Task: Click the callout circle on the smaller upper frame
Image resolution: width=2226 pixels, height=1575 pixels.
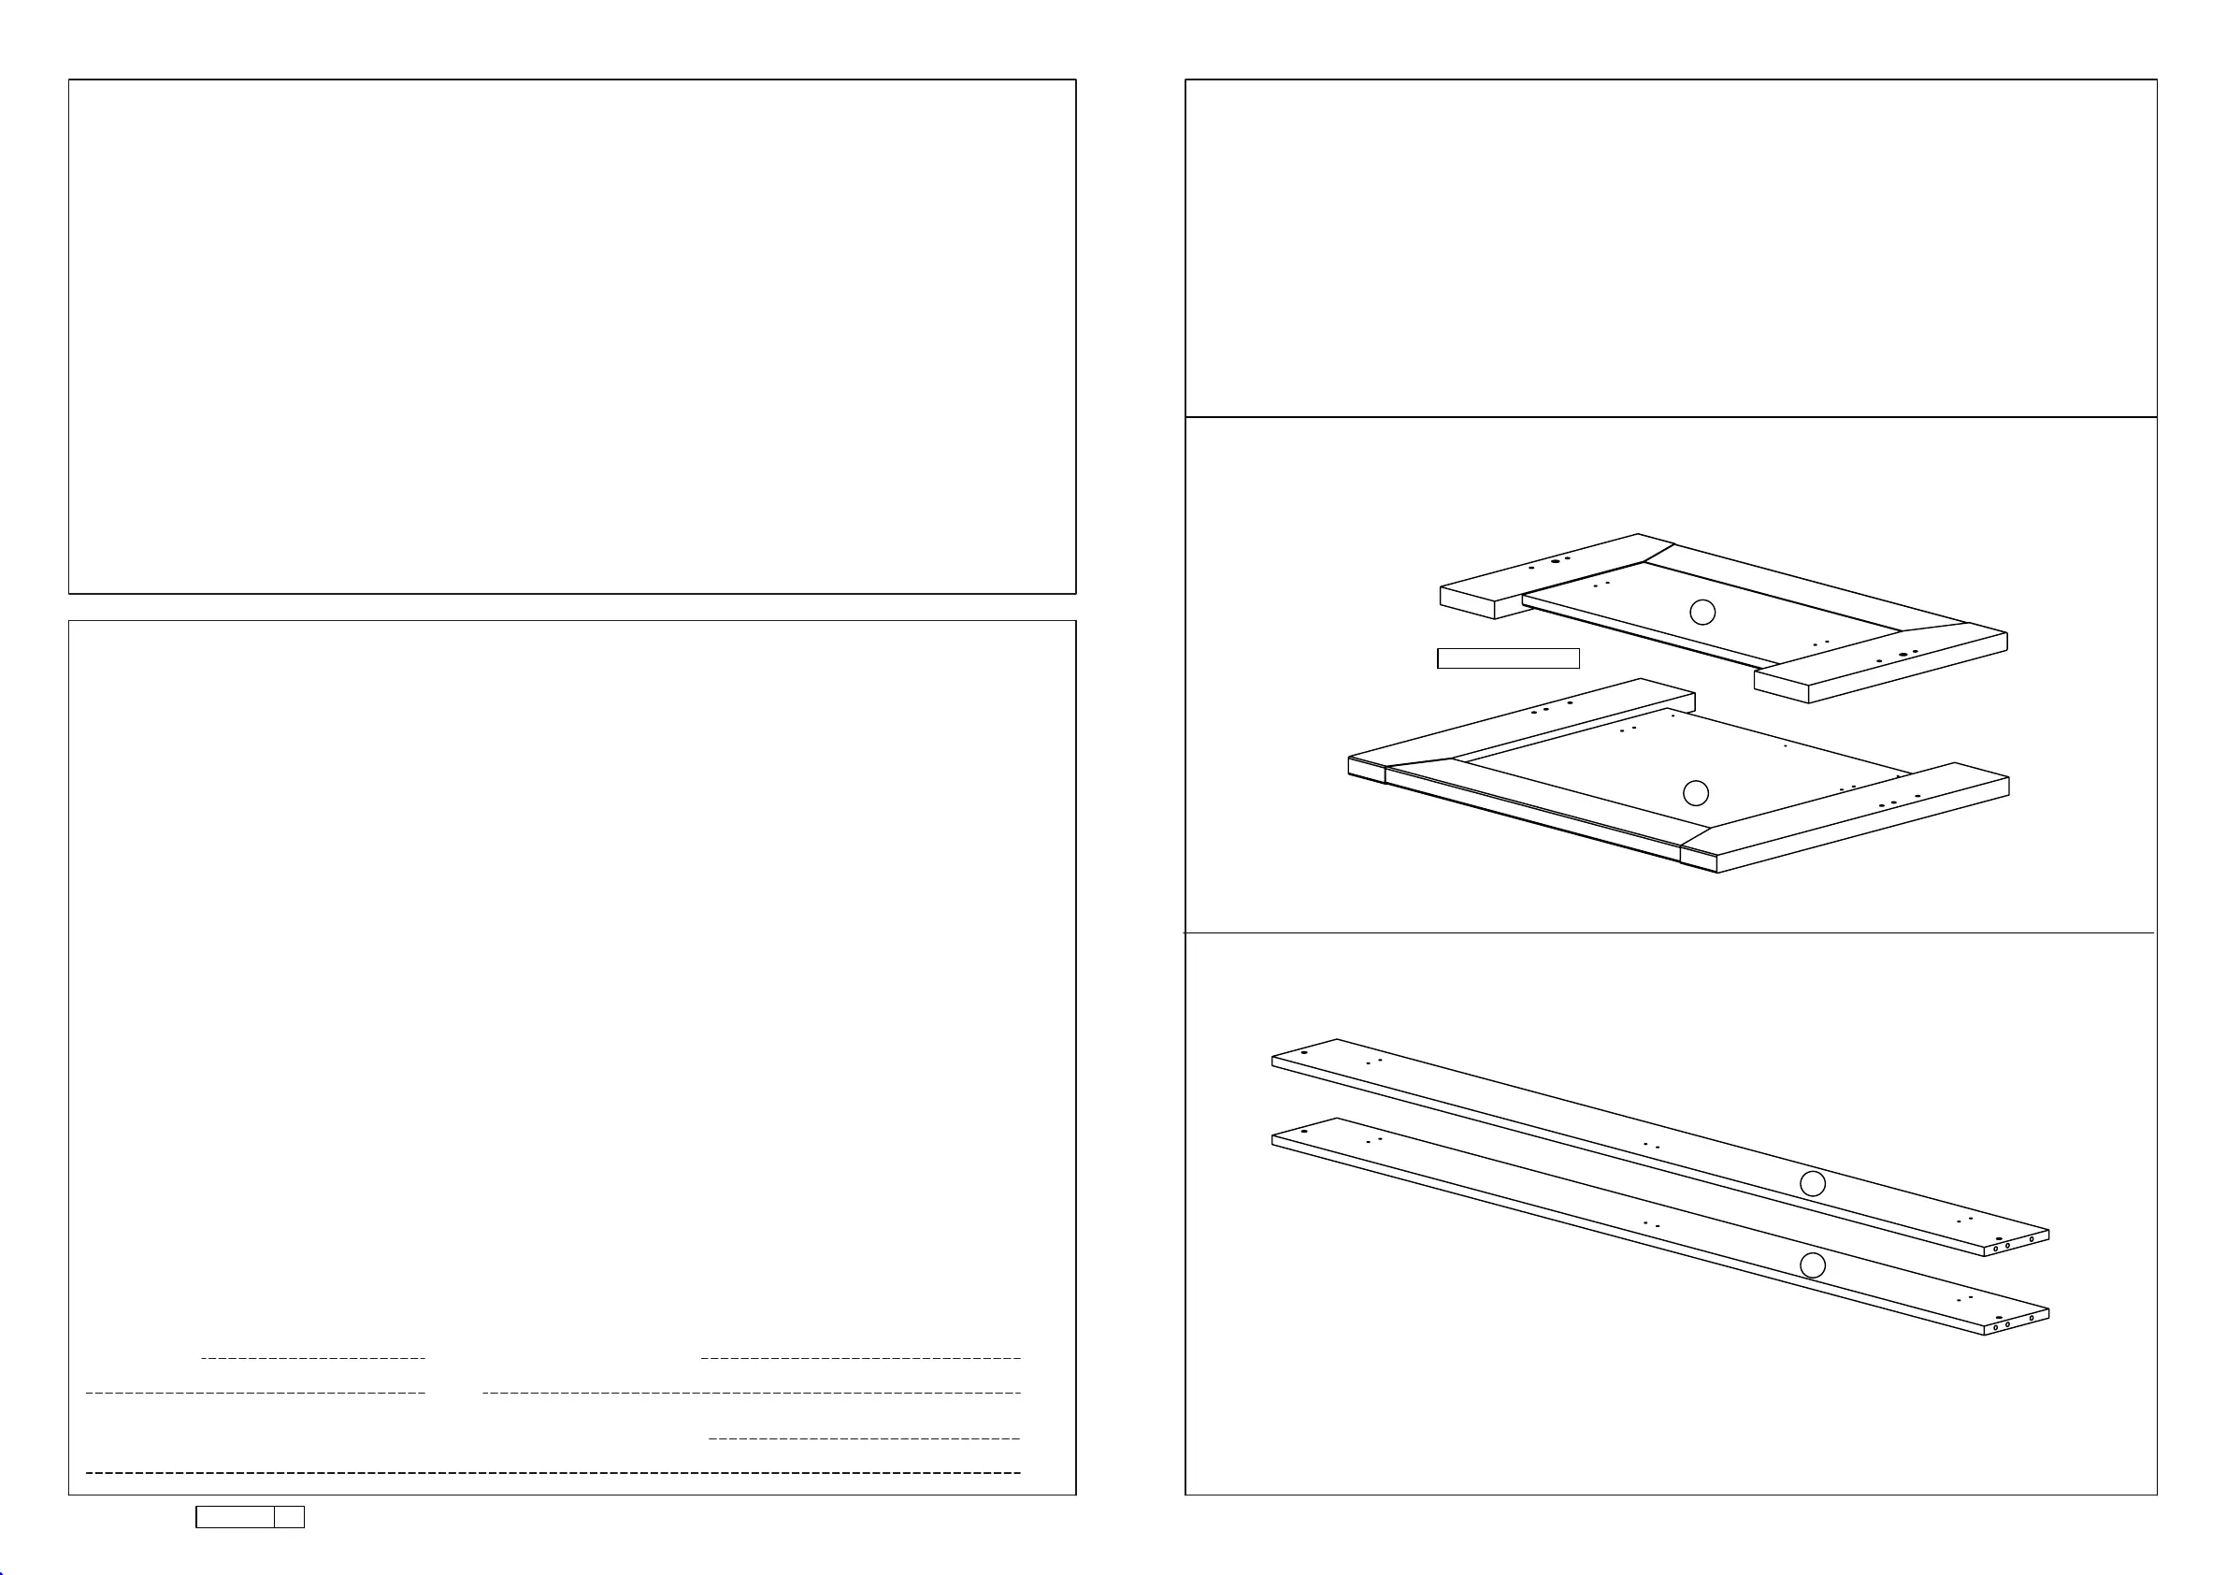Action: point(1702,612)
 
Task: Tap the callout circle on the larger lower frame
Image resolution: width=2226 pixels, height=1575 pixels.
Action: point(1696,793)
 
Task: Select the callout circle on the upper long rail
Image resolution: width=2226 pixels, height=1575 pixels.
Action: point(1812,1183)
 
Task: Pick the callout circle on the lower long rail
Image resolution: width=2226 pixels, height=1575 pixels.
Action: point(1812,1264)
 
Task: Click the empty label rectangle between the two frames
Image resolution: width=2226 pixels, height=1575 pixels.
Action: point(1508,658)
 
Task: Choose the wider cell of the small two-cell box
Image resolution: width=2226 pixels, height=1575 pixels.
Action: point(235,1517)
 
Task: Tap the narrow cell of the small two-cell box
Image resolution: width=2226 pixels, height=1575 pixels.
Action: point(289,1517)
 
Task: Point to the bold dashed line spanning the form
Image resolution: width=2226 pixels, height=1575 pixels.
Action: point(553,1472)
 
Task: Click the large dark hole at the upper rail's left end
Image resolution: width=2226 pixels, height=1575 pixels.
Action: point(1304,1052)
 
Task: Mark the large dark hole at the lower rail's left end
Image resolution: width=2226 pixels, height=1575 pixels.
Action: point(1304,1131)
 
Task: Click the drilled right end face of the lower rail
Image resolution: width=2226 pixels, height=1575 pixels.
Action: point(2018,1322)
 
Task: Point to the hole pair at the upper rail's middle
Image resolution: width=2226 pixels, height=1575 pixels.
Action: point(1651,1147)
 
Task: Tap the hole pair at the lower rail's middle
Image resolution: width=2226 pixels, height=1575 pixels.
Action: point(1651,1225)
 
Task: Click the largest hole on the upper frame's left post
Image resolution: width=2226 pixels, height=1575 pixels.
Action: point(1555,561)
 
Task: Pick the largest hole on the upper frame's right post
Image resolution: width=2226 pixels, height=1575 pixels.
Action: point(1903,655)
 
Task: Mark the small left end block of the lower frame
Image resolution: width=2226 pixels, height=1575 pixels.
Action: point(1366,768)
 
